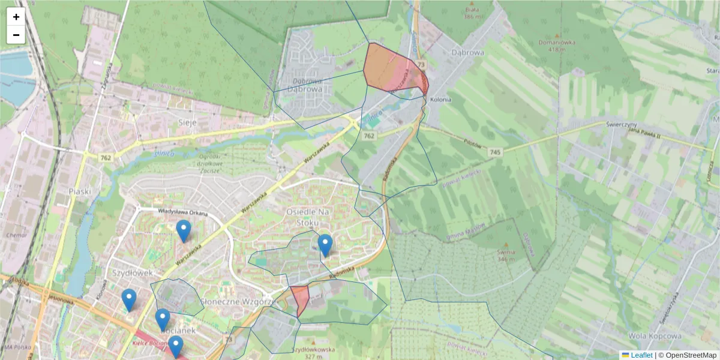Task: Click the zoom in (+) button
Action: point(16,17)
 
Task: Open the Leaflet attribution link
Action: point(641,355)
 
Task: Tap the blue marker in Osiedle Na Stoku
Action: point(325,245)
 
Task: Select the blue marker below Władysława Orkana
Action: point(184,230)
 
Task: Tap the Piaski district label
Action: point(80,191)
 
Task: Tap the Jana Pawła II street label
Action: point(643,130)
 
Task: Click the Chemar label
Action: point(13,235)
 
